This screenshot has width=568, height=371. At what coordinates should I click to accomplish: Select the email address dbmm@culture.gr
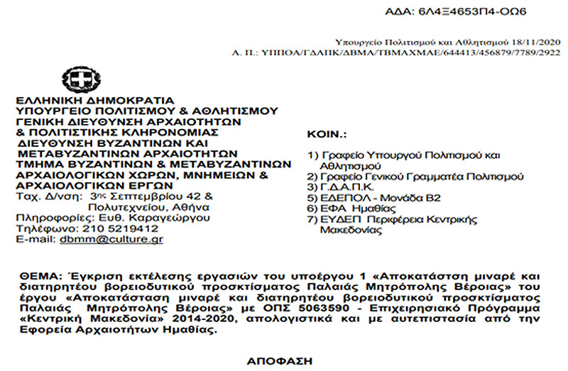126,240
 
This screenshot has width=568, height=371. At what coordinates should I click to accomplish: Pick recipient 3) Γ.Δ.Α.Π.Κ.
334,187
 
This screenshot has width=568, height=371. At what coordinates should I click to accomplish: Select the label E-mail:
34,240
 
